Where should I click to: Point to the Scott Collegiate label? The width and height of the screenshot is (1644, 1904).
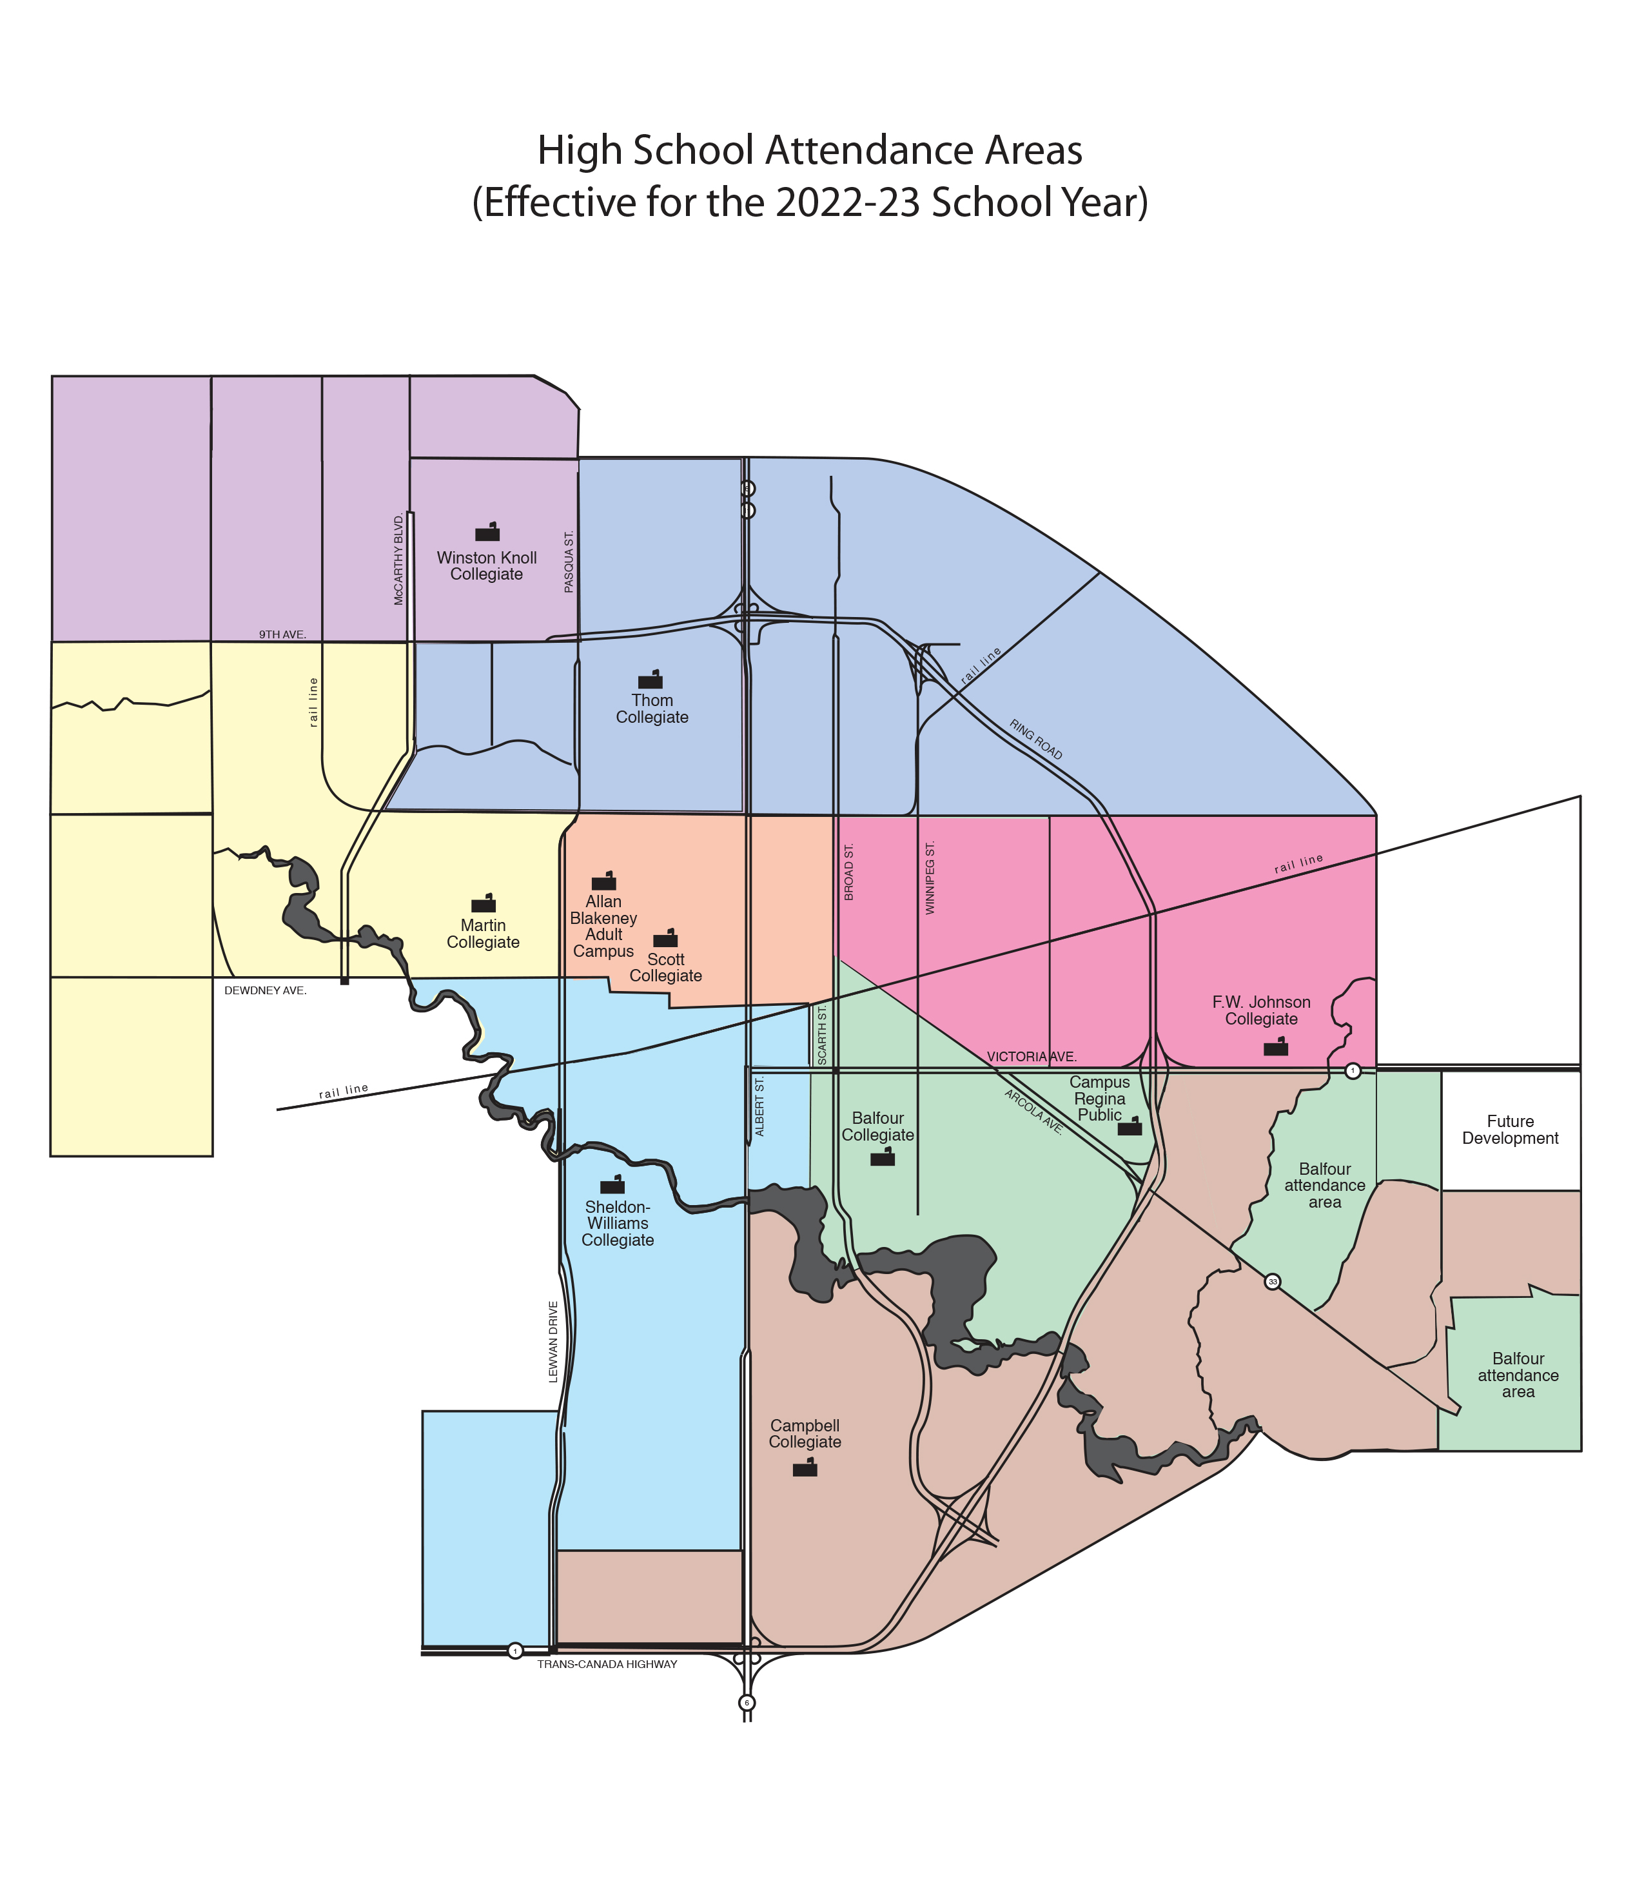[665, 968]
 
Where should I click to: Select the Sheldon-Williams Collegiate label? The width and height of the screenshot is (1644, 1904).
[618, 1223]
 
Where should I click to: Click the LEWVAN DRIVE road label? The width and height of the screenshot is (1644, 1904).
[553, 1342]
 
